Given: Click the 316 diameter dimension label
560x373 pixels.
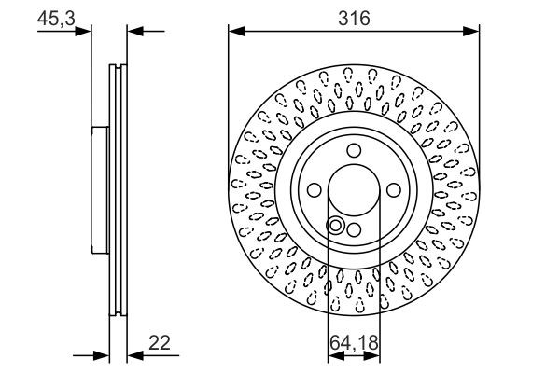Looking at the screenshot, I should tap(354, 18).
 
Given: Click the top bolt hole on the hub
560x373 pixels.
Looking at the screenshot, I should tap(354, 152).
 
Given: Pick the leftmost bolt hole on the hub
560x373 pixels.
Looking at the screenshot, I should tap(315, 190).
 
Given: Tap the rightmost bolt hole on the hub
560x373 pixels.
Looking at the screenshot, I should tap(392, 190).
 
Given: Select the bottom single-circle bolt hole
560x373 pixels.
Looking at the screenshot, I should tap(353, 229).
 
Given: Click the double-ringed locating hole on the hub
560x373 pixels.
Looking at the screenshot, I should tap(336, 225).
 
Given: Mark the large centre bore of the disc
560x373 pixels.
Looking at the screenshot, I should tap(354, 190).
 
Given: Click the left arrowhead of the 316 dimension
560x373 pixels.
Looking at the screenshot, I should tap(235, 32).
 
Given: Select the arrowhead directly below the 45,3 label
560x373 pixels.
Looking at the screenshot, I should tap(86, 32).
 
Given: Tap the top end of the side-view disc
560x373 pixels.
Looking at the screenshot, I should tap(117, 66).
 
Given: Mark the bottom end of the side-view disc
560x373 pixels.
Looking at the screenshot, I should tap(117, 315).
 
